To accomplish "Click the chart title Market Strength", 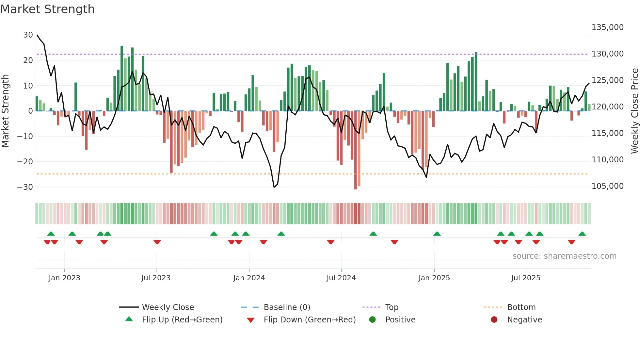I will pos(47,9).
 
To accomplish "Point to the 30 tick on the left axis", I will pos(28,35).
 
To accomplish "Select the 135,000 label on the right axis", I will pos(607,27).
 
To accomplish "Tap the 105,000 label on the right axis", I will pos(607,186).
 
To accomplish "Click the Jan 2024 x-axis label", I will pos(249,278).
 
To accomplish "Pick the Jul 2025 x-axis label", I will pos(525,278).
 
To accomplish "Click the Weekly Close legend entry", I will pos(168,307).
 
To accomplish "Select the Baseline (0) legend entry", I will pos(287,307).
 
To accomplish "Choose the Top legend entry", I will pos(392,307).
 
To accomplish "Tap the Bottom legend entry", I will pos(521,307).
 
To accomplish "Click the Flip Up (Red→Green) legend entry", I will pos(182,320).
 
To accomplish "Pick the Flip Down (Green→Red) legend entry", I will pos(310,320).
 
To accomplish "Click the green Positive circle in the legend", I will pos(372,319).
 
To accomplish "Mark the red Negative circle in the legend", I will pos(494,319).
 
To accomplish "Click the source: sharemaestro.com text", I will pos(564,256).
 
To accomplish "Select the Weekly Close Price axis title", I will pos(634,111).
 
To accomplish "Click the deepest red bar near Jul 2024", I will pos(356,150).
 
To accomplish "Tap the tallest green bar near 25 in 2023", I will pos(122,78).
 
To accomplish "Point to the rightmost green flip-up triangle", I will pos(582,234).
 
